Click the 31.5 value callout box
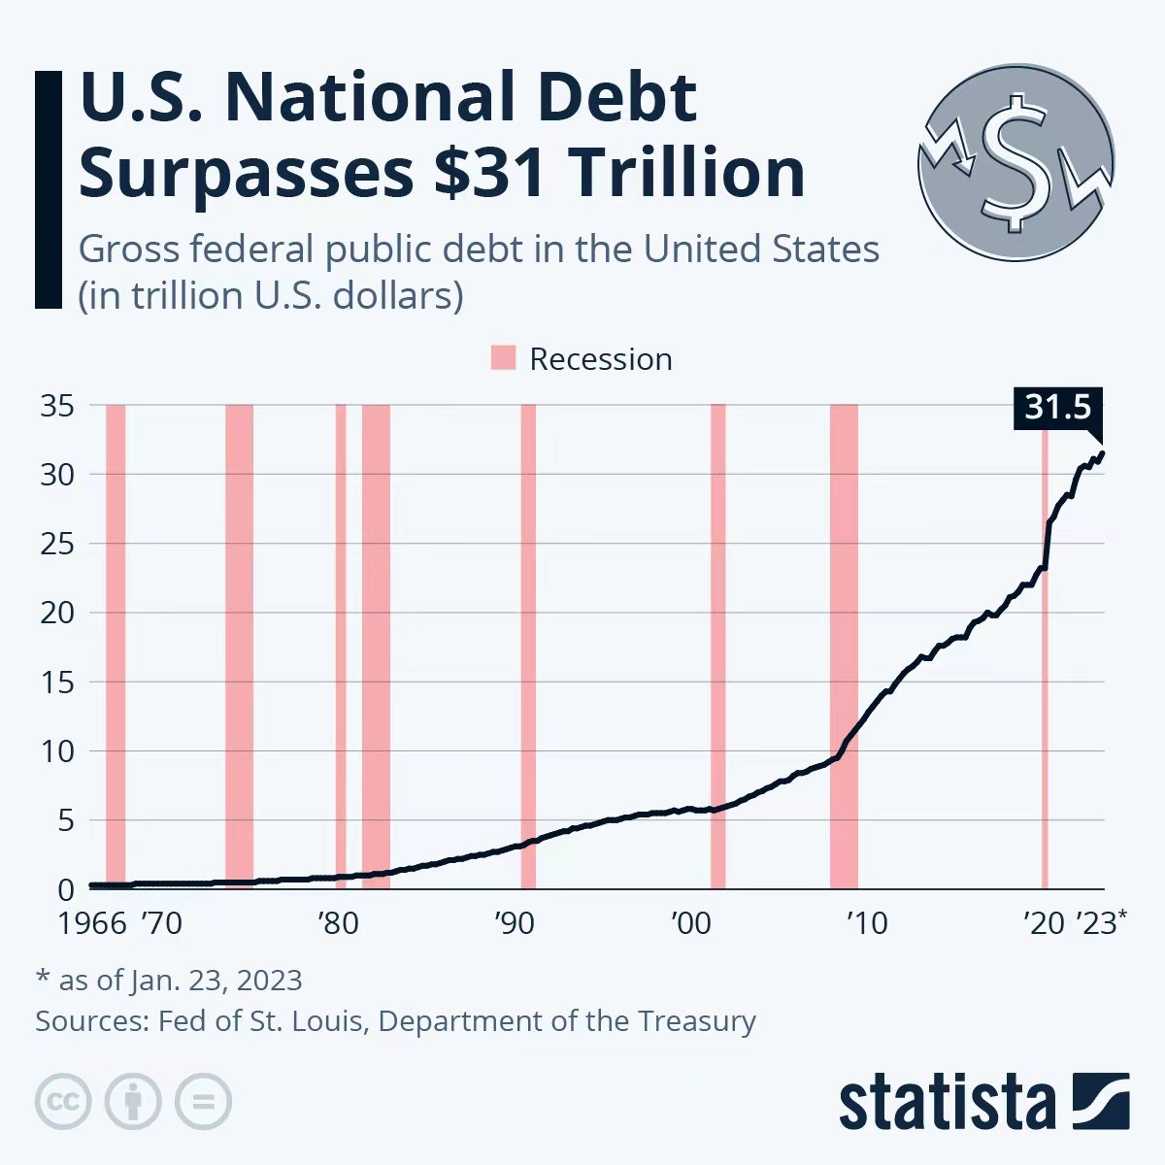tap(1057, 407)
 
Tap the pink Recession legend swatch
tap(503, 358)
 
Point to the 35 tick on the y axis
tap(57, 405)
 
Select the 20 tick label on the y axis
tap(57, 613)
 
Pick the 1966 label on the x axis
tap(92, 922)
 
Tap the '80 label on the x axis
tap(338, 922)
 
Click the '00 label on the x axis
tap(691, 922)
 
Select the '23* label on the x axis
tap(1103, 922)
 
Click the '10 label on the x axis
tap(867, 922)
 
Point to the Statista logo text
tap(947, 1103)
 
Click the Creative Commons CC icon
tap(63, 1102)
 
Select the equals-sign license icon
tap(203, 1102)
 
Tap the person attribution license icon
tap(133, 1102)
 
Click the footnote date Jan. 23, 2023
tap(216, 980)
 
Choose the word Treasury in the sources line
tap(696, 1021)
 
